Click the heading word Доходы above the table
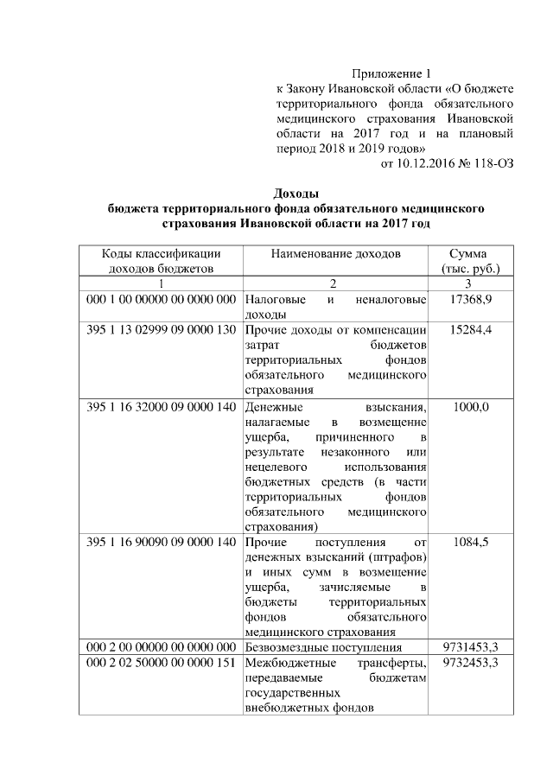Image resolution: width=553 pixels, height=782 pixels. click(296, 193)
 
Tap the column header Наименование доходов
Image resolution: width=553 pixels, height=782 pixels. click(336, 254)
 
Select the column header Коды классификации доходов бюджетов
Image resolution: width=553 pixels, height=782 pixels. click(161, 261)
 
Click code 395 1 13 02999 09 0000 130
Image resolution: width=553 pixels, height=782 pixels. click(161, 330)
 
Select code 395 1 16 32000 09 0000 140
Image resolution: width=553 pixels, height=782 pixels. click(161, 407)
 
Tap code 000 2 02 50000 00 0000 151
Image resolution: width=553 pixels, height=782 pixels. click(161, 663)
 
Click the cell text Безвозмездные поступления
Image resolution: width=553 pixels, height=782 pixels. click(324, 646)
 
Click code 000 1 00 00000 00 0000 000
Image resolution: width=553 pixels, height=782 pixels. click(161, 299)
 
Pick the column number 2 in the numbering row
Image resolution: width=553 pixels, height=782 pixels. click(336, 283)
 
